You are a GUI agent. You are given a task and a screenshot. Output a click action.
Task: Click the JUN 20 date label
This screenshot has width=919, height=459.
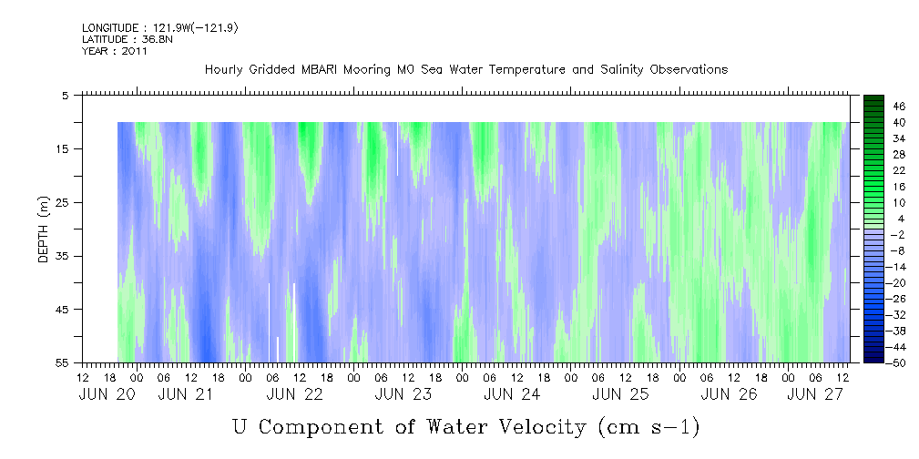coord(107,394)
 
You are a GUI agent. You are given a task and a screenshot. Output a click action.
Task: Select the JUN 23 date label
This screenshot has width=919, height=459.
coord(403,394)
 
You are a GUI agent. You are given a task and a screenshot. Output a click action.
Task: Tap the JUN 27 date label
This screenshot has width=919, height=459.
coord(814,394)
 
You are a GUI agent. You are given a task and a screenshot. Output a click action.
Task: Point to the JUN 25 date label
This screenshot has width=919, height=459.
coord(620,394)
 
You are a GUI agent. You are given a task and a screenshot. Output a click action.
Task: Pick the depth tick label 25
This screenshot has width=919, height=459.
coord(62,203)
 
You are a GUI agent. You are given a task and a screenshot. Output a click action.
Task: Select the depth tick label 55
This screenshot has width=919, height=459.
coord(62,362)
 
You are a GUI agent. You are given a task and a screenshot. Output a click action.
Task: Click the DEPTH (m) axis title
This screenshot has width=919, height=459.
coord(44,229)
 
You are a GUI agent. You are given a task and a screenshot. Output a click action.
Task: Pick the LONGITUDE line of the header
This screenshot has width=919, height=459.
coord(160,28)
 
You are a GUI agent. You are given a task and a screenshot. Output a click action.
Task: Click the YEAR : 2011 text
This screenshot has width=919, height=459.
coord(115,51)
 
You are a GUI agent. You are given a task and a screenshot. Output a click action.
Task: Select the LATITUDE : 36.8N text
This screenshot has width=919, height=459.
coord(128,39)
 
